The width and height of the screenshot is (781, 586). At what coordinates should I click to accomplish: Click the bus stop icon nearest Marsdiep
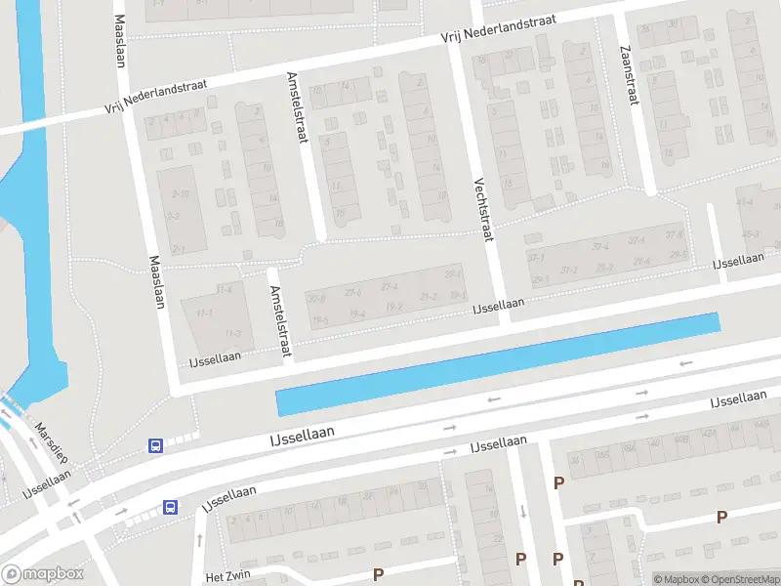pos(155,445)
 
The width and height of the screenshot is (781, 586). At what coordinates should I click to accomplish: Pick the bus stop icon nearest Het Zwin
pos(170,507)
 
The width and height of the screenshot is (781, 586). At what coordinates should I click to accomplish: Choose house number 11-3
pos(232,334)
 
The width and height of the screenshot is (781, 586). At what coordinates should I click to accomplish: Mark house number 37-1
pos(536,258)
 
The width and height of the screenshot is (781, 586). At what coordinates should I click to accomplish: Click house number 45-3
pos(750,234)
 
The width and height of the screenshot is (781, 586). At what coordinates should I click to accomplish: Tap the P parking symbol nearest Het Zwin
pos(378,574)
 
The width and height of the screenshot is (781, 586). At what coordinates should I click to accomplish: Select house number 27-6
pos(353,292)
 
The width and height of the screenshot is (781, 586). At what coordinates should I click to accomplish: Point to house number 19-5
pos(320,320)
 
